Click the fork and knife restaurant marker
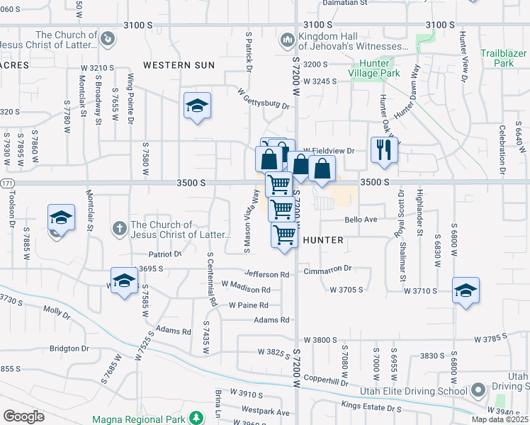384,149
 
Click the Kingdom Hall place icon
287,40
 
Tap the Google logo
23,416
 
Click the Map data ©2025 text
500,419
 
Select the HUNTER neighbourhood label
323,241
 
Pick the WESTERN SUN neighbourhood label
179,65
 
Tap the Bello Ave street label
361,220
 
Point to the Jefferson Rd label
267,274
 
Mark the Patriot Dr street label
165,253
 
